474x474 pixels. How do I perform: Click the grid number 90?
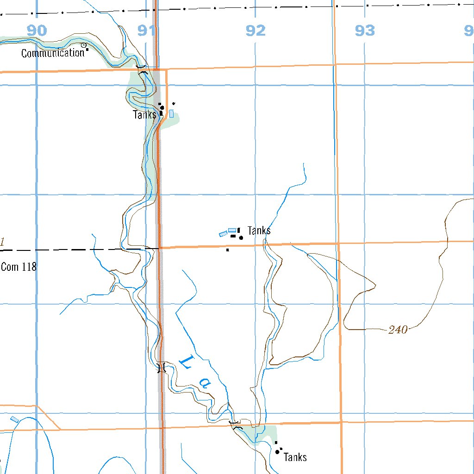37,31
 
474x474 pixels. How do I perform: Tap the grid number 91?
146,31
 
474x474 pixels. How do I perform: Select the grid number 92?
256,31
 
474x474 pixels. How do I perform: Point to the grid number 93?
365,31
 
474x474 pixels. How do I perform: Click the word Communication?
53,53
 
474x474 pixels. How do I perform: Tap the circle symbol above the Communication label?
84,45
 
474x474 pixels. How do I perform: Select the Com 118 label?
19,267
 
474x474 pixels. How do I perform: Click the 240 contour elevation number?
398,330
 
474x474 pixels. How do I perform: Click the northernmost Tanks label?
144,115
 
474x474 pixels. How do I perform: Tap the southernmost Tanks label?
295,457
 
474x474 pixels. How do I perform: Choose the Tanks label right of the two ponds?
259,231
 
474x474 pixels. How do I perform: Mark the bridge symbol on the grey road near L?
161,368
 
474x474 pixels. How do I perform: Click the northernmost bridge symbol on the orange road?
143,70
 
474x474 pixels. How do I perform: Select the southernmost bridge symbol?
236,425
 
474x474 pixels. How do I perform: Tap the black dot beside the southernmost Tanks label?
277,451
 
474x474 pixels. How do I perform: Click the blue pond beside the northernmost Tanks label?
171,113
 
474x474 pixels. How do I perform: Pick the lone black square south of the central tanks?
227,250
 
